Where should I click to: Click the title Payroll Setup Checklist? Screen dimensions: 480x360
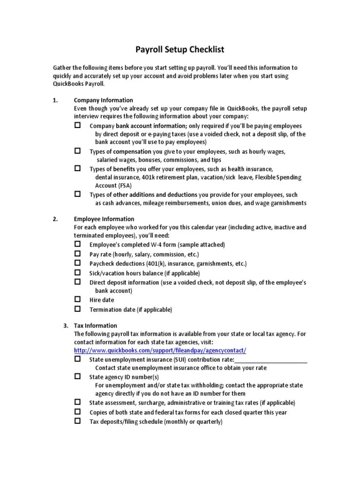[x=180, y=49]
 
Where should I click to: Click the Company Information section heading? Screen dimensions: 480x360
[x=103, y=100]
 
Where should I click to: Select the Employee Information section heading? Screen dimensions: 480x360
[x=104, y=219]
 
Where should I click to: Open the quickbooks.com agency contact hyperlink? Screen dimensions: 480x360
[x=160, y=351]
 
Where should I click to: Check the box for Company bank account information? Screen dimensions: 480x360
[x=78, y=126]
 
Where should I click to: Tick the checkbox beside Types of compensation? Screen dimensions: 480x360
[x=78, y=151]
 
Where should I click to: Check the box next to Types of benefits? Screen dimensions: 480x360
[x=78, y=168]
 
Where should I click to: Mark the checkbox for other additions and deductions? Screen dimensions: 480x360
[x=78, y=194]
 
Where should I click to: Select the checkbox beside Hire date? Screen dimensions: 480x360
[x=78, y=300]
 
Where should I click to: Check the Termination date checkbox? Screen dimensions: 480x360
[x=78, y=309]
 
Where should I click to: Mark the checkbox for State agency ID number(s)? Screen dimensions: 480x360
[x=78, y=376]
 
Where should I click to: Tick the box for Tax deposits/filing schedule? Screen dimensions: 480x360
[x=78, y=421]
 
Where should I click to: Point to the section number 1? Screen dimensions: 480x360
[x=55, y=100]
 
